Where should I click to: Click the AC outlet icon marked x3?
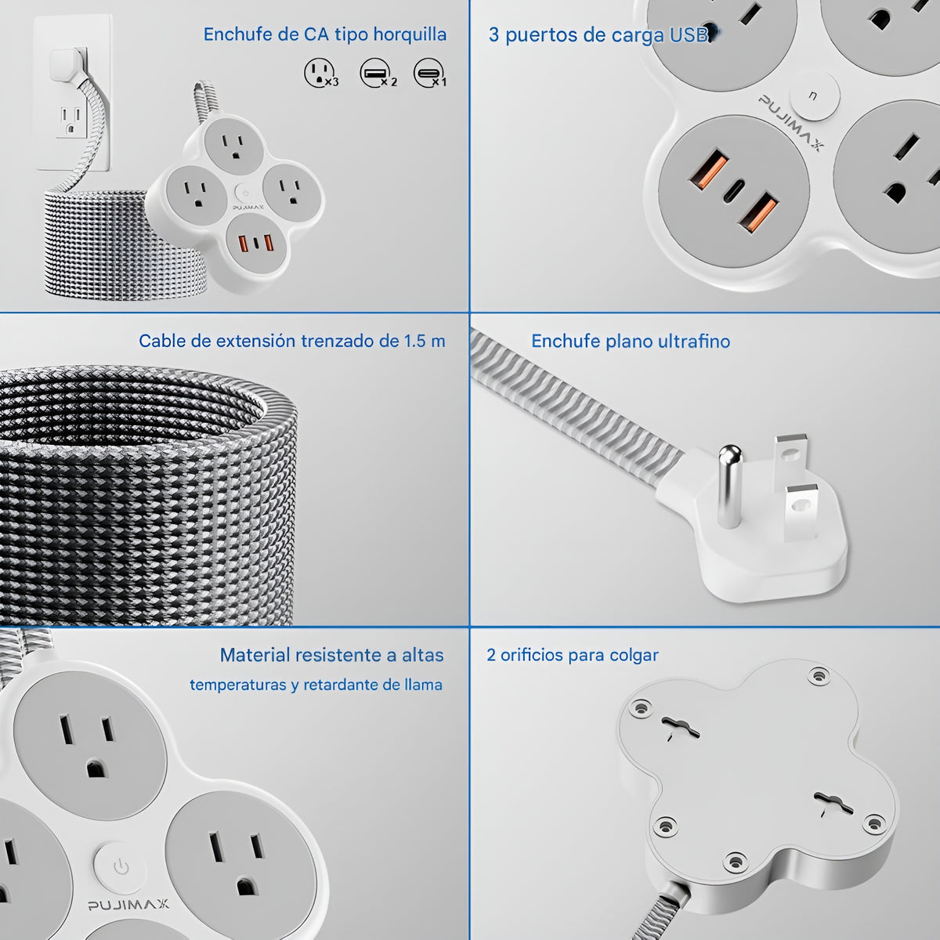(x=320, y=73)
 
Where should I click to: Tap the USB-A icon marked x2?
(x=377, y=73)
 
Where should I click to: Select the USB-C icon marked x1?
(x=429, y=73)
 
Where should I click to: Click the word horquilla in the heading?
(x=410, y=34)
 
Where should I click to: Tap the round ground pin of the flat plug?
(x=730, y=486)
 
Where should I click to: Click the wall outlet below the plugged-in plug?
(x=71, y=121)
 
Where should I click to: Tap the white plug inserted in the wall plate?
(x=68, y=65)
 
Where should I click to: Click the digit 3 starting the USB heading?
(x=493, y=35)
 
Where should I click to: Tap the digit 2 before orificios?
(x=490, y=655)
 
